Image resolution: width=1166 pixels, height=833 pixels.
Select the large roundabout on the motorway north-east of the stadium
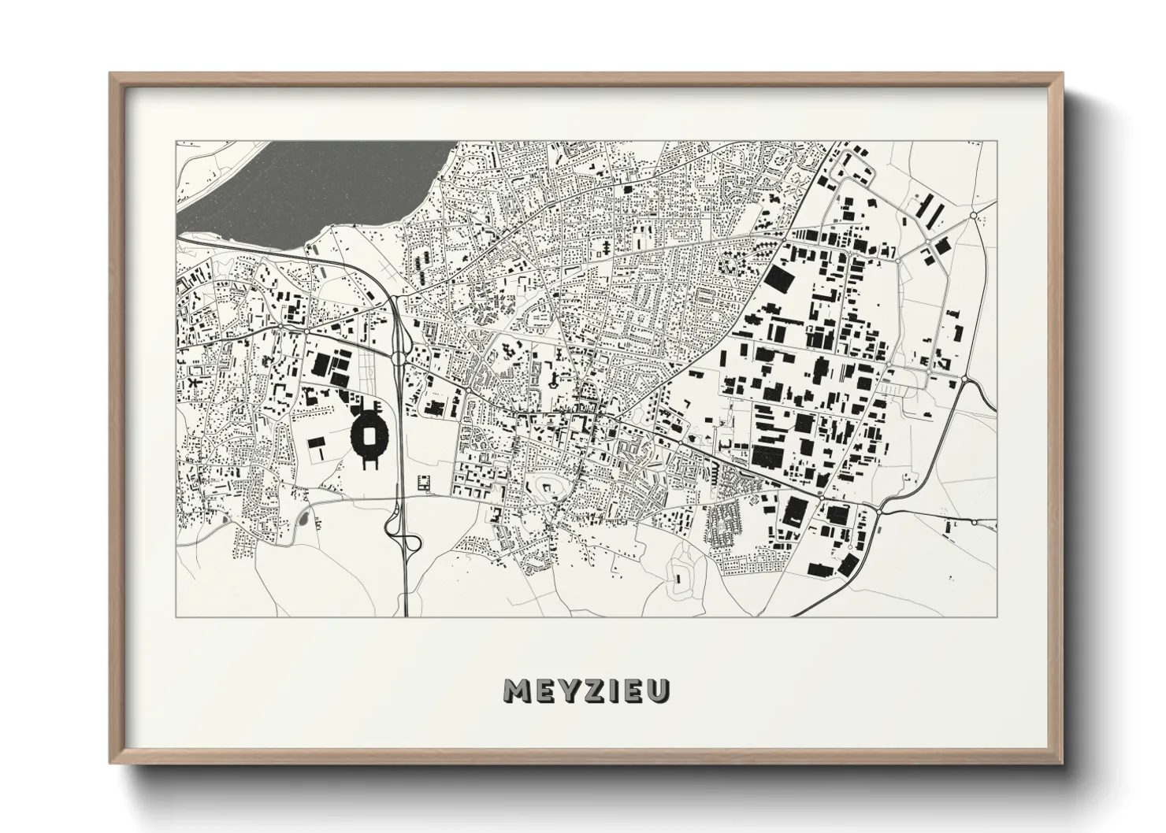tap(397, 357)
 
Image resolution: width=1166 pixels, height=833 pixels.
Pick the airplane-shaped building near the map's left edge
tap(191, 381)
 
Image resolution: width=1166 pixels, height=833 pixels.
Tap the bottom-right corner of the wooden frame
tap(1061, 764)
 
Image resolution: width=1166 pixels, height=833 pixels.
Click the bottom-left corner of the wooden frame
tap(111, 764)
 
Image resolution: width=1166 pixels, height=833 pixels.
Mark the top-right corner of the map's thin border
tap(997, 142)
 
